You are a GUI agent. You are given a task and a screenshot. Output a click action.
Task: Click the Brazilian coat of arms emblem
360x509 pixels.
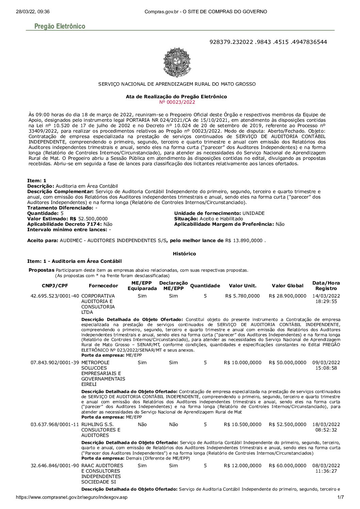click(x=177, y=63)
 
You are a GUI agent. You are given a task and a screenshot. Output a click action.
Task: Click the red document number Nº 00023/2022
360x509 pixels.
click(x=177, y=102)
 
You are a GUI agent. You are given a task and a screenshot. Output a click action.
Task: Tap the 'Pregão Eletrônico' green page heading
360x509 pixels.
click(x=60, y=27)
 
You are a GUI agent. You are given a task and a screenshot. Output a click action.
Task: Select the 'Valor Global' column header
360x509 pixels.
click(x=288, y=286)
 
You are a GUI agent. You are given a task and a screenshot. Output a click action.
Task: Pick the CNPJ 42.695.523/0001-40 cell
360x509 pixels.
click(x=55, y=296)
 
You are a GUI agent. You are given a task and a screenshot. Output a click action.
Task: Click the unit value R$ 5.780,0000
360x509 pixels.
click(x=242, y=296)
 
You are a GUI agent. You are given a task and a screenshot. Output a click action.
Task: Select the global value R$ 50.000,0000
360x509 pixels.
click(x=288, y=363)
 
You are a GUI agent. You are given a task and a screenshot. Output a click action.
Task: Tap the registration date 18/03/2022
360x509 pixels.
click(x=326, y=425)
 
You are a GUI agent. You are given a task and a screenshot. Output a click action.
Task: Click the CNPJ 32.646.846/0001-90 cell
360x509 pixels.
click(x=55, y=466)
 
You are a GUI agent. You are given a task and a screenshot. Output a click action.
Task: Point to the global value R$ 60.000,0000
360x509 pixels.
click(x=288, y=466)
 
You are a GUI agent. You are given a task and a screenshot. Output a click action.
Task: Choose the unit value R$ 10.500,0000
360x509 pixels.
click(x=242, y=425)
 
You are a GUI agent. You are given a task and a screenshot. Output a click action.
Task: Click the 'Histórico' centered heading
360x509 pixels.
click(x=184, y=254)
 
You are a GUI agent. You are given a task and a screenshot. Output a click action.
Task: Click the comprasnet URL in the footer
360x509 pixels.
click(x=72, y=497)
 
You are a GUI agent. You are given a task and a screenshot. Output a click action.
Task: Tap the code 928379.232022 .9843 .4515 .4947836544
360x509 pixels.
click(x=268, y=42)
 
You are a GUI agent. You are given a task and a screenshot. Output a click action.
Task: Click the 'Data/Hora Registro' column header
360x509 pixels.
click(x=326, y=286)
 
